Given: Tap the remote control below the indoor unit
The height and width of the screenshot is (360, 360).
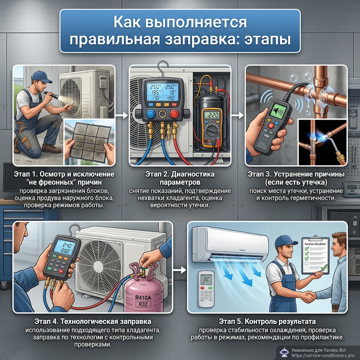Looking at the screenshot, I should point(206,288).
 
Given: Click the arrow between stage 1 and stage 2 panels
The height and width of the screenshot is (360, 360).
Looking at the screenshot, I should point(122,116).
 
